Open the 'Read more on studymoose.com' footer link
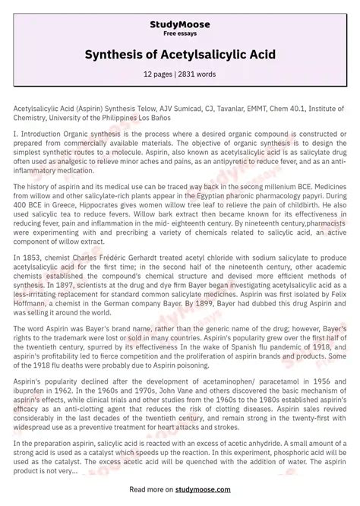click(x=180, y=491)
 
